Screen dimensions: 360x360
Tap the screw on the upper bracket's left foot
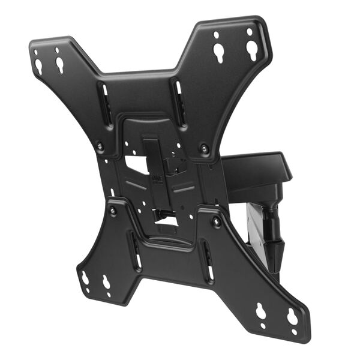pyautogui.click(x=100, y=146)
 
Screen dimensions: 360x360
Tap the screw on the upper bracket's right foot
pyautogui.click(x=205, y=148)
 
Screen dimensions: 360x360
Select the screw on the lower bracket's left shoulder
pyautogui.click(x=113, y=210)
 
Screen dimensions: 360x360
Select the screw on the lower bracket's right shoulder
pyautogui.click(x=217, y=221)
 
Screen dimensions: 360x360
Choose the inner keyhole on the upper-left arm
pyautogui.click(x=60, y=64)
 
